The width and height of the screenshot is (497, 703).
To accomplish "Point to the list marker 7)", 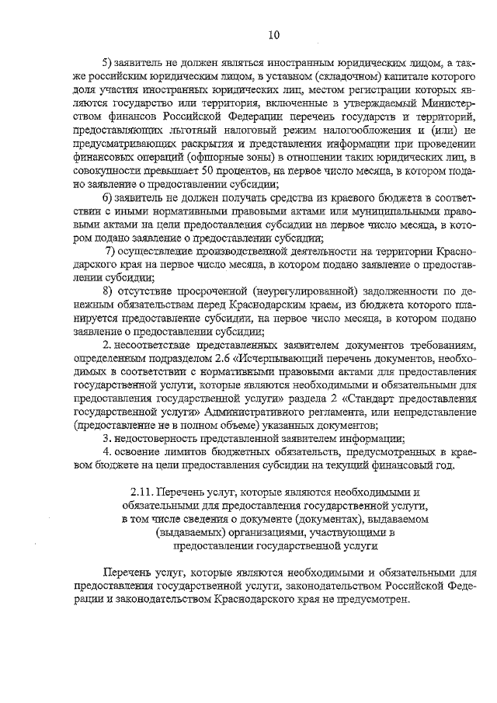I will click(111, 252).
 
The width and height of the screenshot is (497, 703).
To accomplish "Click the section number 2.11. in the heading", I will click(143, 492).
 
